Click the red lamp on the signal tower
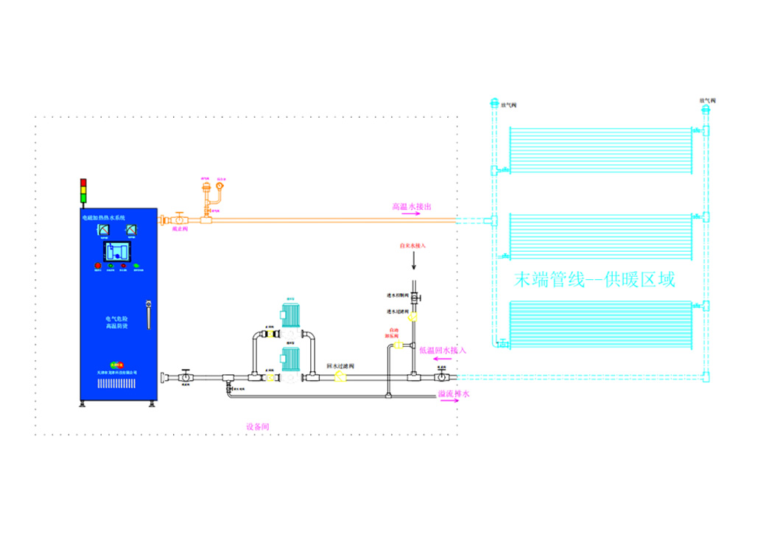(x=83, y=182)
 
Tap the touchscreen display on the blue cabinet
(x=119, y=251)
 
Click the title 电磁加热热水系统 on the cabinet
(x=104, y=218)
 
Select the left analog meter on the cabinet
(x=103, y=231)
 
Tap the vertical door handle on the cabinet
(x=147, y=314)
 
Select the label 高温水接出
(x=411, y=207)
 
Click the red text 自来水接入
(x=413, y=245)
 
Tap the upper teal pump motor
(x=289, y=315)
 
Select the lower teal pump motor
(x=289, y=360)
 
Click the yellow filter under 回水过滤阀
(x=340, y=376)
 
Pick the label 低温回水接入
(x=443, y=351)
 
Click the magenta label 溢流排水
(x=454, y=394)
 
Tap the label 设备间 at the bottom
(x=257, y=426)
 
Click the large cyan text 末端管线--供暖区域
(x=594, y=280)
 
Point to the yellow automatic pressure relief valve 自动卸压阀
(x=399, y=344)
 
